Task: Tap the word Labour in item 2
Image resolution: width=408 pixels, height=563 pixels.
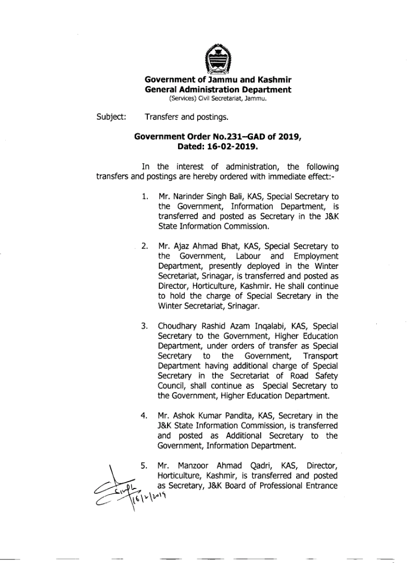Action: click(x=248, y=256)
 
